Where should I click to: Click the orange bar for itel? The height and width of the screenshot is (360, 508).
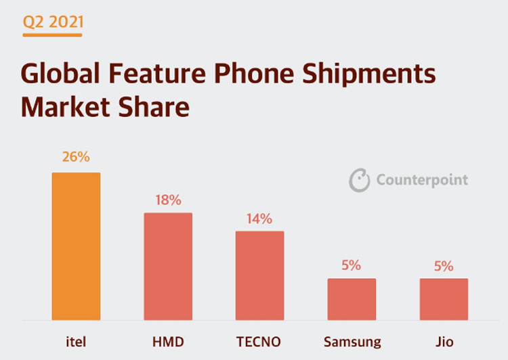tap(76, 246)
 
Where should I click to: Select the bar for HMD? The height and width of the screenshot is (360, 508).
tap(168, 267)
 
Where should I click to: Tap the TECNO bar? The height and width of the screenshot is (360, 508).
tap(260, 275)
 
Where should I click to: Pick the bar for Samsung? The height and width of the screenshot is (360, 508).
tap(352, 299)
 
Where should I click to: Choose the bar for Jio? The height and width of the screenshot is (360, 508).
tap(444, 299)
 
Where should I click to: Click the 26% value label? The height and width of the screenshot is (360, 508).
tap(76, 157)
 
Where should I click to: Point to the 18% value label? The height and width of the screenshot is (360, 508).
tap(168, 200)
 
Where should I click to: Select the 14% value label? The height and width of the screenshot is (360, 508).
tap(259, 219)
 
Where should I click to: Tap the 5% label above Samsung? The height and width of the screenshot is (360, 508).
tap(351, 265)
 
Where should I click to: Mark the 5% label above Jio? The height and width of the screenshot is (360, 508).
tap(444, 265)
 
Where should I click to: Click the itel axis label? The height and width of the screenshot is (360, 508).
tap(76, 341)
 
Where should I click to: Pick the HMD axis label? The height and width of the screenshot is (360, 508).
tap(168, 341)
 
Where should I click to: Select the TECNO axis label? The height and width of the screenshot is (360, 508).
tap(260, 341)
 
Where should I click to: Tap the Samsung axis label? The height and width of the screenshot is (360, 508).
tap(352, 341)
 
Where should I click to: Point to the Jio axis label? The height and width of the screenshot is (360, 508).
tap(444, 341)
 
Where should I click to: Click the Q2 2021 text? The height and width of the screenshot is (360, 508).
tap(53, 22)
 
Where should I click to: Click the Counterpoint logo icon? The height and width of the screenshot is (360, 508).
tap(359, 180)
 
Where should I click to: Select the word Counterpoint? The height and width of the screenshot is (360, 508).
tap(422, 180)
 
